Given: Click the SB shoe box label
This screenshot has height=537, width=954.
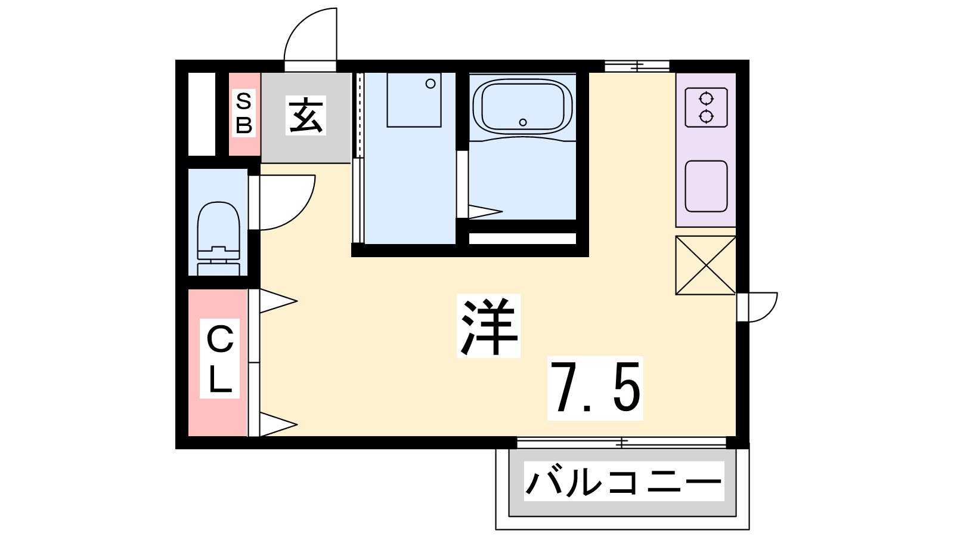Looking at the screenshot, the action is [x=244, y=113].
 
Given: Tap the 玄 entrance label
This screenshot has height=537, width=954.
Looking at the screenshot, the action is [x=306, y=116].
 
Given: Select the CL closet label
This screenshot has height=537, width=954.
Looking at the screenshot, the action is [x=220, y=359].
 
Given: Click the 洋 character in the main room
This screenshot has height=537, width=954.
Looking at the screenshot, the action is [x=488, y=326].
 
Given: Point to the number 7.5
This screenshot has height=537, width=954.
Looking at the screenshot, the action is [x=595, y=388].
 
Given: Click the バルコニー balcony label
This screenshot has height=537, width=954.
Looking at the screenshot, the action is [x=624, y=481].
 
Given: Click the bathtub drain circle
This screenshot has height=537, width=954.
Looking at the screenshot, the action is [x=522, y=122].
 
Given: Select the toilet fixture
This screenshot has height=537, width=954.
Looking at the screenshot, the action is [x=218, y=238].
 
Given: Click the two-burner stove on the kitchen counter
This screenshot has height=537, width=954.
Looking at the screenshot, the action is [x=706, y=107].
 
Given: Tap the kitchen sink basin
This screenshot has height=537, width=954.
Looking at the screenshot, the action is [x=706, y=186].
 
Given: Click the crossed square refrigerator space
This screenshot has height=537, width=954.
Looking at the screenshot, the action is [x=706, y=265].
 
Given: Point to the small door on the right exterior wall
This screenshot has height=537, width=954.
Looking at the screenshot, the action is [x=757, y=307].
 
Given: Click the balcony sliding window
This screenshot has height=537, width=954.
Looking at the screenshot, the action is [x=622, y=442].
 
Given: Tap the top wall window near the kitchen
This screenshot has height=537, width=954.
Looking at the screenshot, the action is [x=637, y=66].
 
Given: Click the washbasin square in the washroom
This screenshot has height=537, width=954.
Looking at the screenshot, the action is [x=414, y=100].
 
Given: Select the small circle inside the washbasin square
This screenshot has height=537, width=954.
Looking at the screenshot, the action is [x=430, y=84].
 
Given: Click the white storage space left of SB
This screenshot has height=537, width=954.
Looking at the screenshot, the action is [x=202, y=114].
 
